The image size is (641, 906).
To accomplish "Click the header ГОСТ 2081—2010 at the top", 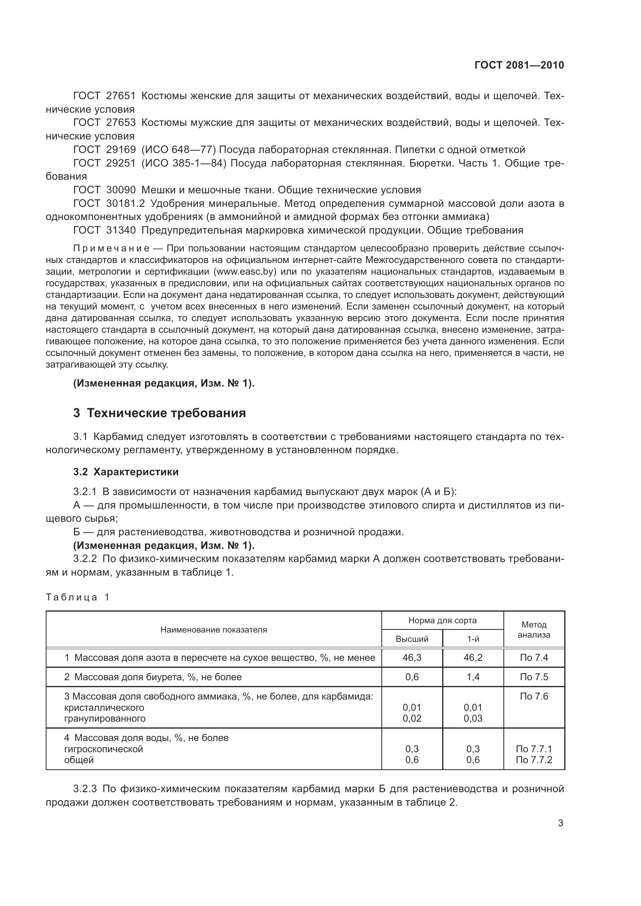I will [x=519, y=65].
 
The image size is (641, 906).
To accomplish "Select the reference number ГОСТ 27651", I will [x=104, y=96].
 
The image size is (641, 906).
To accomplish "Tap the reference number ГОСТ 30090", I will [x=104, y=190].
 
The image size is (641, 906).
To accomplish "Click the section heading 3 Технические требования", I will [x=159, y=413].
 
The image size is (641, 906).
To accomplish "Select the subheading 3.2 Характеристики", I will [x=126, y=471].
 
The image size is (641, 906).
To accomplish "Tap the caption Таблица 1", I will [x=78, y=597].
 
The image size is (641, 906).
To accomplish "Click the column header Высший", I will [x=412, y=639].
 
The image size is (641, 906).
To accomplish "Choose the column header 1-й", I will [x=473, y=639].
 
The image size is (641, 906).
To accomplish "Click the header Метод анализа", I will [x=534, y=630].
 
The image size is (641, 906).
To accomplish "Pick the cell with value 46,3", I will [x=412, y=657].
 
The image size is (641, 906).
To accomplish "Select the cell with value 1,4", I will [x=473, y=677].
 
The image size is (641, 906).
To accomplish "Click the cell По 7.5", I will [x=534, y=677].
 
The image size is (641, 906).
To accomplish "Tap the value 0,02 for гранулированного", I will [x=412, y=718].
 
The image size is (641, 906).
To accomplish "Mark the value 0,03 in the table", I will [x=473, y=718].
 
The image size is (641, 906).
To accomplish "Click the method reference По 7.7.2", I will [x=534, y=760].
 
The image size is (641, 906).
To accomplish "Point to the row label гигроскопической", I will [x=103, y=749].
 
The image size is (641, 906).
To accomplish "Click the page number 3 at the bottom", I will [x=560, y=823].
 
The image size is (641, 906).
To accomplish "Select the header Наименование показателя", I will [x=214, y=630].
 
